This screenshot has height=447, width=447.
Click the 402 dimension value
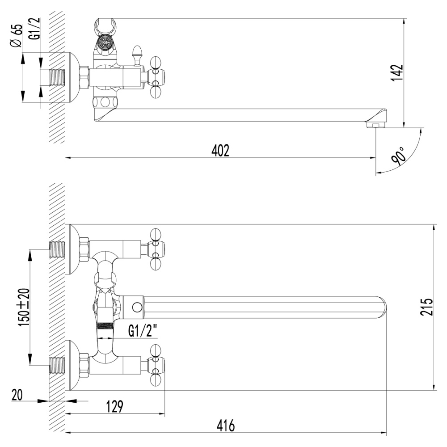coord(220,151)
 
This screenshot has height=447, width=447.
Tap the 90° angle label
coord(399,154)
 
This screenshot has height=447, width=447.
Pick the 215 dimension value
coord(426,307)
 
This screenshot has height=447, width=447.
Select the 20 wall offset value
coord(17,395)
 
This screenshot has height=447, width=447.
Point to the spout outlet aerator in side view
coord(375,124)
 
